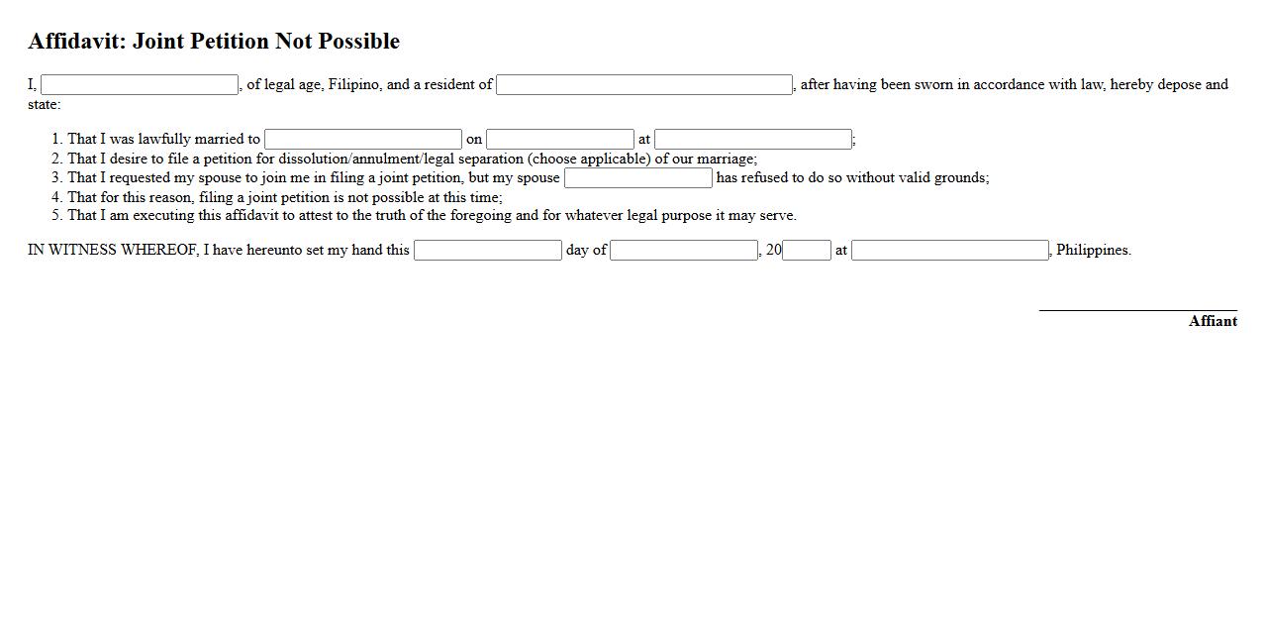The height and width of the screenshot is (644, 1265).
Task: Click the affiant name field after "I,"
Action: click(x=140, y=85)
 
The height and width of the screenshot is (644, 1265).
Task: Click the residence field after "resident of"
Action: click(x=644, y=85)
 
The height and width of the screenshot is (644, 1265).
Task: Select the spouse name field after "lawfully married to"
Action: click(x=363, y=140)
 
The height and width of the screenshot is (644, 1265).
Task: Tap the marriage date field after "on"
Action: click(x=560, y=140)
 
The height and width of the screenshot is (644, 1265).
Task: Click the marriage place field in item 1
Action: click(x=753, y=140)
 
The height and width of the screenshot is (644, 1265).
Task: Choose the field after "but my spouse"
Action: click(x=638, y=178)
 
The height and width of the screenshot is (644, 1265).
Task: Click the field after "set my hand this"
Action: click(x=488, y=251)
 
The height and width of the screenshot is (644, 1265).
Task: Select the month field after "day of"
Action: click(x=684, y=251)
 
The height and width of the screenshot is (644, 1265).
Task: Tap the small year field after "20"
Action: click(x=807, y=251)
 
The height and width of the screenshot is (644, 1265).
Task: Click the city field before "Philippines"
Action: click(x=950, y=251)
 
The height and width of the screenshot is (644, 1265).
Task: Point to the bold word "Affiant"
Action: click(x=1213, y=321)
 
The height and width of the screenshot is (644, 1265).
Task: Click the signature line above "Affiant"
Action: click(x=1137, y=310)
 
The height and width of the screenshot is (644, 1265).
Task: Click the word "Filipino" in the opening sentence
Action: click(x=354, y=85)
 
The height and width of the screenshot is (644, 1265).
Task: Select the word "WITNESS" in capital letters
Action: click(x=82, y=251)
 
